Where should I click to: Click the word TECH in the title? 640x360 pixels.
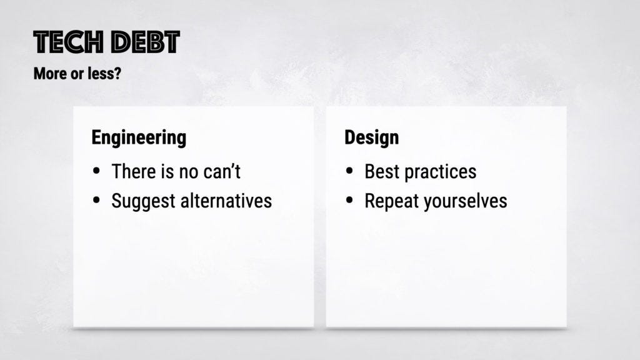click(x=69, y=42)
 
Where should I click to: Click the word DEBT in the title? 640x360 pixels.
click(x=146, y=42)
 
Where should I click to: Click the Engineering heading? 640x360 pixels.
click(x=139, y=138)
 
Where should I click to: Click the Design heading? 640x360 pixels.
click(x=371, y=137)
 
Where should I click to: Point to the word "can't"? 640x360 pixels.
click(x=222, y=171)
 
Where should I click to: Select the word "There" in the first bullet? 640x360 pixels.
click(x=134, y=171)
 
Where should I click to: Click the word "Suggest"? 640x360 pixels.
click(x=143, y=201)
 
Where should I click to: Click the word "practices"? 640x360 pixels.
click(x=441, y=172)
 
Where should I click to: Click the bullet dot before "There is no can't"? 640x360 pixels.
click(x=96, y=171)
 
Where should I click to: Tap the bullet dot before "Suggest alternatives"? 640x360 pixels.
click(x=96, y=200)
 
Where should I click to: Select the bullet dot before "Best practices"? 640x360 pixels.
click(x=349, y=171)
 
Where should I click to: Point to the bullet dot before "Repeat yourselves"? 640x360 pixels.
click(x=349, y=200)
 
